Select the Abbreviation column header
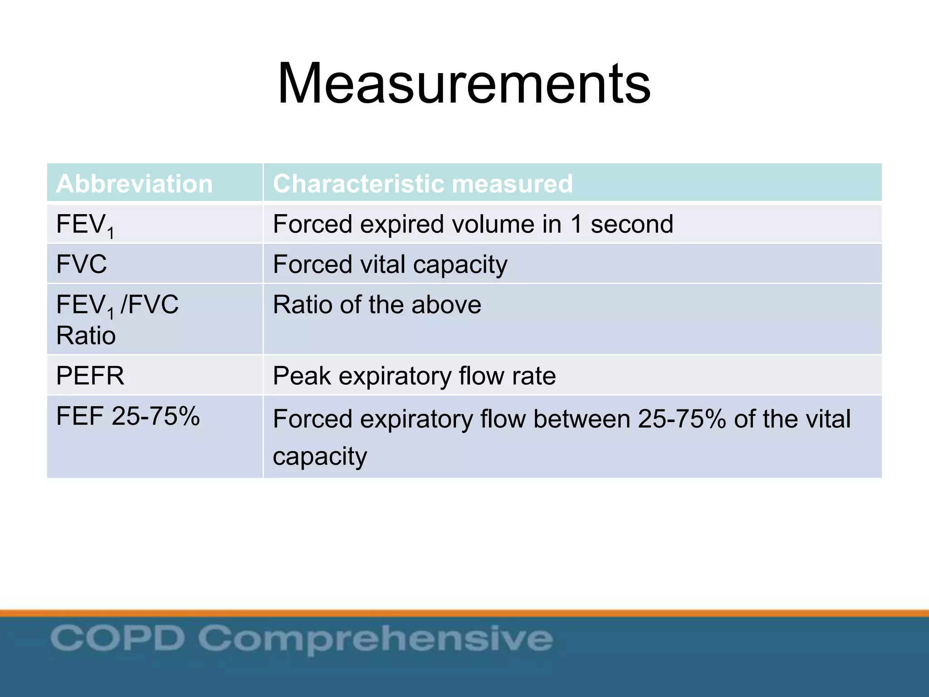point(134,184)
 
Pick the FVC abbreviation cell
point(82,264)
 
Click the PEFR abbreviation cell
point(90,376)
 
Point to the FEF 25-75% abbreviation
point(128,416)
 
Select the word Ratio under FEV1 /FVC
point(86,336)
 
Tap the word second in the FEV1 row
point(631,224)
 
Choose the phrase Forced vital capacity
point(390,265)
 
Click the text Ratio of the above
point(377,304)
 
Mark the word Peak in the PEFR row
point(302,376)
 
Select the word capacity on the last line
point(320,456)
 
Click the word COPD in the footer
point(117,638)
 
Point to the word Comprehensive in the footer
point(376,639)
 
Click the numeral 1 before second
point(576,224)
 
